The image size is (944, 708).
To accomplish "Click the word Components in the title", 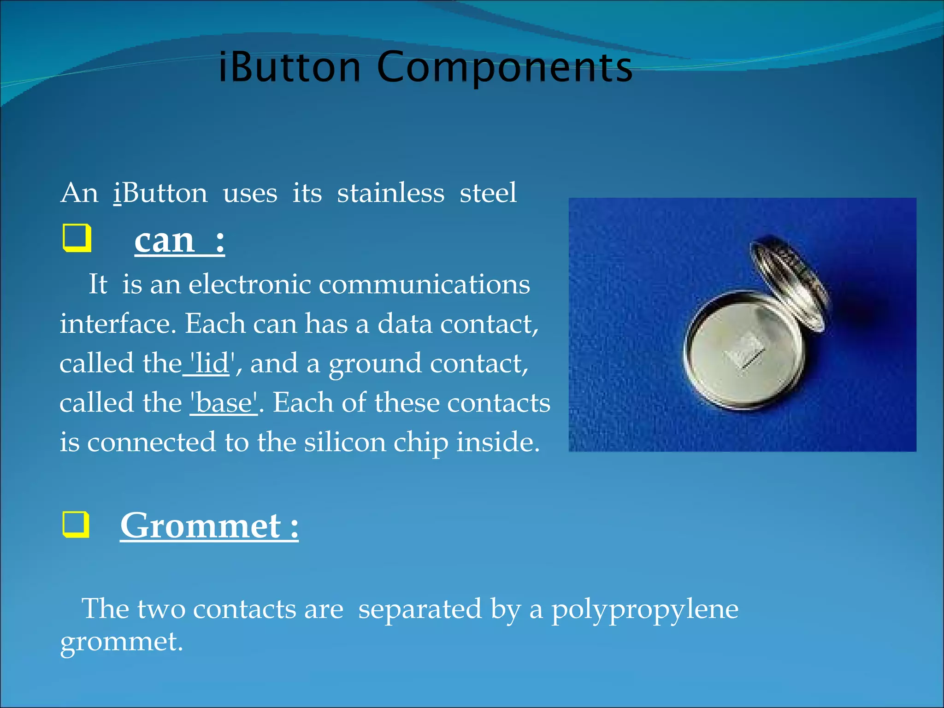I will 505,68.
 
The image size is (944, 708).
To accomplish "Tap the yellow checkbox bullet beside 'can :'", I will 77,238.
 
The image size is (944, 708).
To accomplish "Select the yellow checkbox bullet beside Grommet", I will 76,525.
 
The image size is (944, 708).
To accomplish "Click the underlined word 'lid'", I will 210,363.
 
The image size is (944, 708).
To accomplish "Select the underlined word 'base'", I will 224,402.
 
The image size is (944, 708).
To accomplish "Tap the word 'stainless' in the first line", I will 390,193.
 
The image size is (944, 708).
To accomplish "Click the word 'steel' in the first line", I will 488,193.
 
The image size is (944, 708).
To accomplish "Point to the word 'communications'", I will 424,284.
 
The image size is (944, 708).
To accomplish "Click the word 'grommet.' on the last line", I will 122,642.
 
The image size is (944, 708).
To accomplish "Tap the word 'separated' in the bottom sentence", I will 420,609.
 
